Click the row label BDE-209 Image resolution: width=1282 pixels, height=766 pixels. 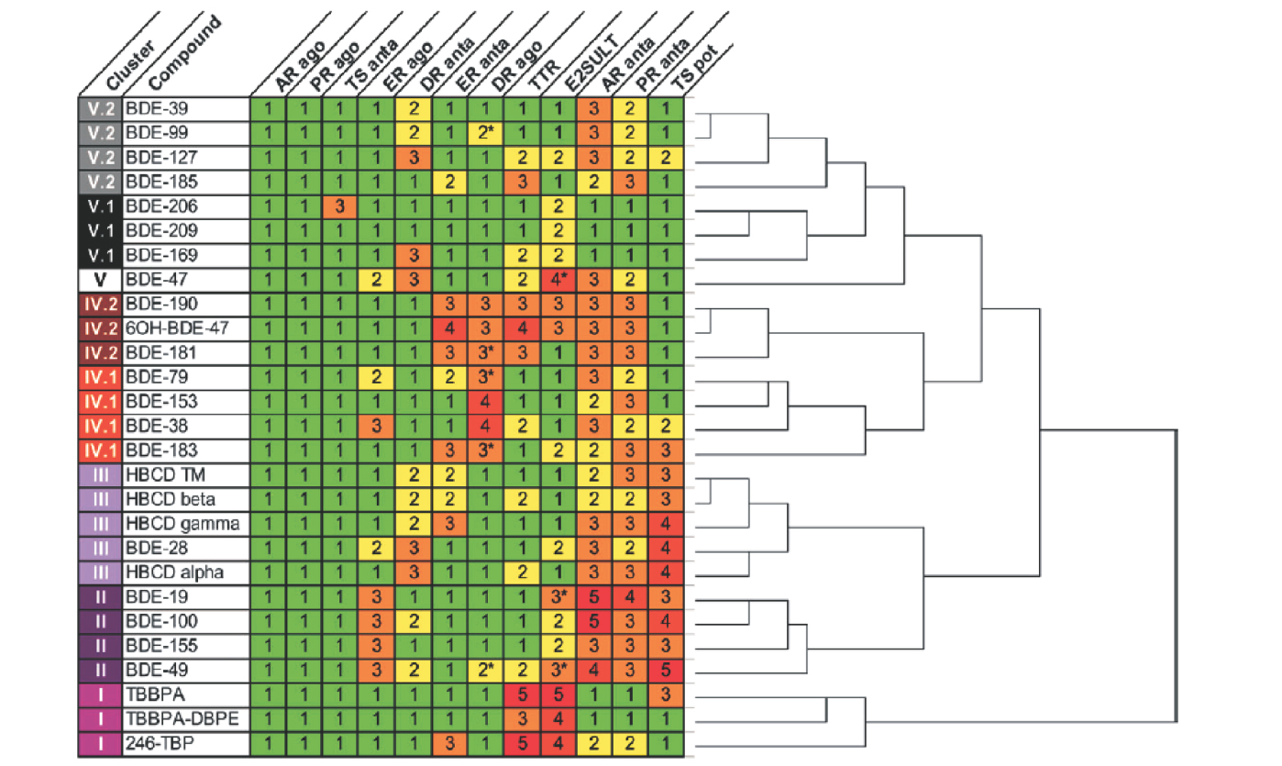160,230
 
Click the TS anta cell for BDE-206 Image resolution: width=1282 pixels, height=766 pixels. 339,206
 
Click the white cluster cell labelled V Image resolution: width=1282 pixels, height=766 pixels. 100,280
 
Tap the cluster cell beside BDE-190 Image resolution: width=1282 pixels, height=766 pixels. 100,304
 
